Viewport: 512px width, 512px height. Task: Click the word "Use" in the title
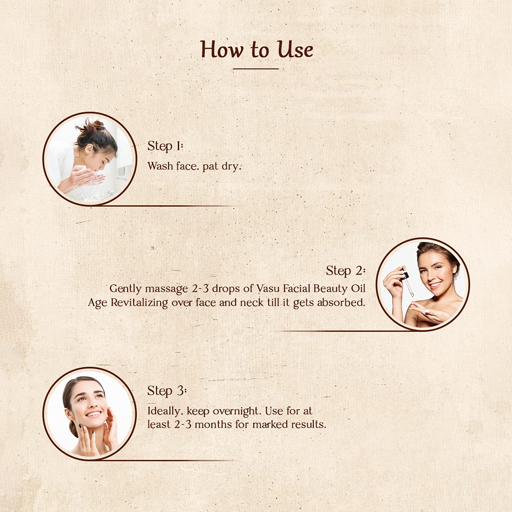tap(295, 50)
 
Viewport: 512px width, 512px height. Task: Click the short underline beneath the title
tap(256, 69)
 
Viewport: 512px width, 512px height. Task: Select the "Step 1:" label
tap(165, 146)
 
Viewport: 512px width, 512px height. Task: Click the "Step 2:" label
tap(345, 271)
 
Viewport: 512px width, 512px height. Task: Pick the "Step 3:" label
tap(167, 391)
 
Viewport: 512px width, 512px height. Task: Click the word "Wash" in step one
tap(160, 166)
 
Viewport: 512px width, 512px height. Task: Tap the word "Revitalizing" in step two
tap(140, 303)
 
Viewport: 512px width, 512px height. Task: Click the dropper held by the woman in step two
tap(407, 283)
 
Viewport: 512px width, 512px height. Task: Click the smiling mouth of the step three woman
tap(94, 414)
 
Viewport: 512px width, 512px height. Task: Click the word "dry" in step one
tap(231, 166)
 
